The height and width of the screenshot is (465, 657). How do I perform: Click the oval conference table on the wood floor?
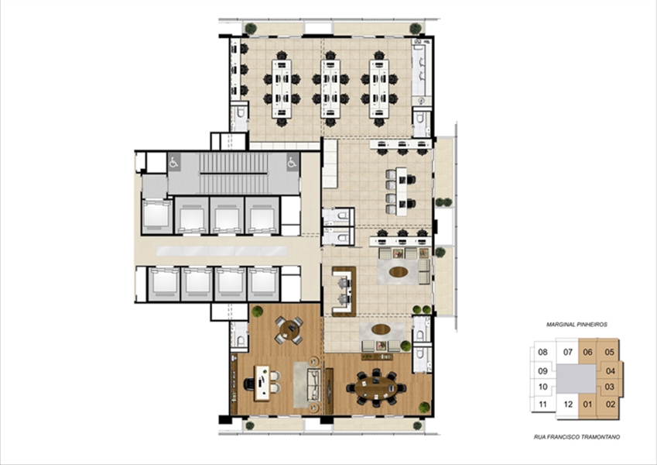click(x=376, y=387)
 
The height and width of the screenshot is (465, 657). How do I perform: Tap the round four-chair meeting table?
click(x=289, y=329)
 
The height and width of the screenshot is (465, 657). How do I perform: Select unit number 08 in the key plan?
click(x=542, y=352)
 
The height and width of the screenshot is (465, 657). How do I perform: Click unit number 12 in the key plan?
click(x=568, y=405)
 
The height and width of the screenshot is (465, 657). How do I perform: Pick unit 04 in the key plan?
click(x=611, y=371)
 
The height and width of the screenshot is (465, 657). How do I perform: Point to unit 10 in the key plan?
click(x=542, y=387)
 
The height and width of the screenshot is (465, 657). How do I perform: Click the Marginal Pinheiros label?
click(x=577, y=325)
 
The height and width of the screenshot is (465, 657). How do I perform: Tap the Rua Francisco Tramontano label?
click(x=577, y=437)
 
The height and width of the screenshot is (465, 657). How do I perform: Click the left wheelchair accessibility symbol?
click(x=174, y=161)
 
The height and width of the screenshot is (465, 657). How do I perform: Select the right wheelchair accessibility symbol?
click(x=292, y=161)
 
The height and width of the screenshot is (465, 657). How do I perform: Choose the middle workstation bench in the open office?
click(x=330, y=88)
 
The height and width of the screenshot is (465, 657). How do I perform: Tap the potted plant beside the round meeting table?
click(x=257, y=312)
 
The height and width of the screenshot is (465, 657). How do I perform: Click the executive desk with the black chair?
click(x=262, y=383)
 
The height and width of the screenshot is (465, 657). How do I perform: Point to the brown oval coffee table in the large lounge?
click(x=399, y=272)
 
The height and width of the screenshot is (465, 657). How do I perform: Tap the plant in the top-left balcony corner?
click(x=251, y=29)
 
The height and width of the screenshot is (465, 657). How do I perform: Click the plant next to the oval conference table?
click(x=424, y=407)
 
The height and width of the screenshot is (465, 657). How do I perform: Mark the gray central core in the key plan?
click(x=576, y=378)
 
